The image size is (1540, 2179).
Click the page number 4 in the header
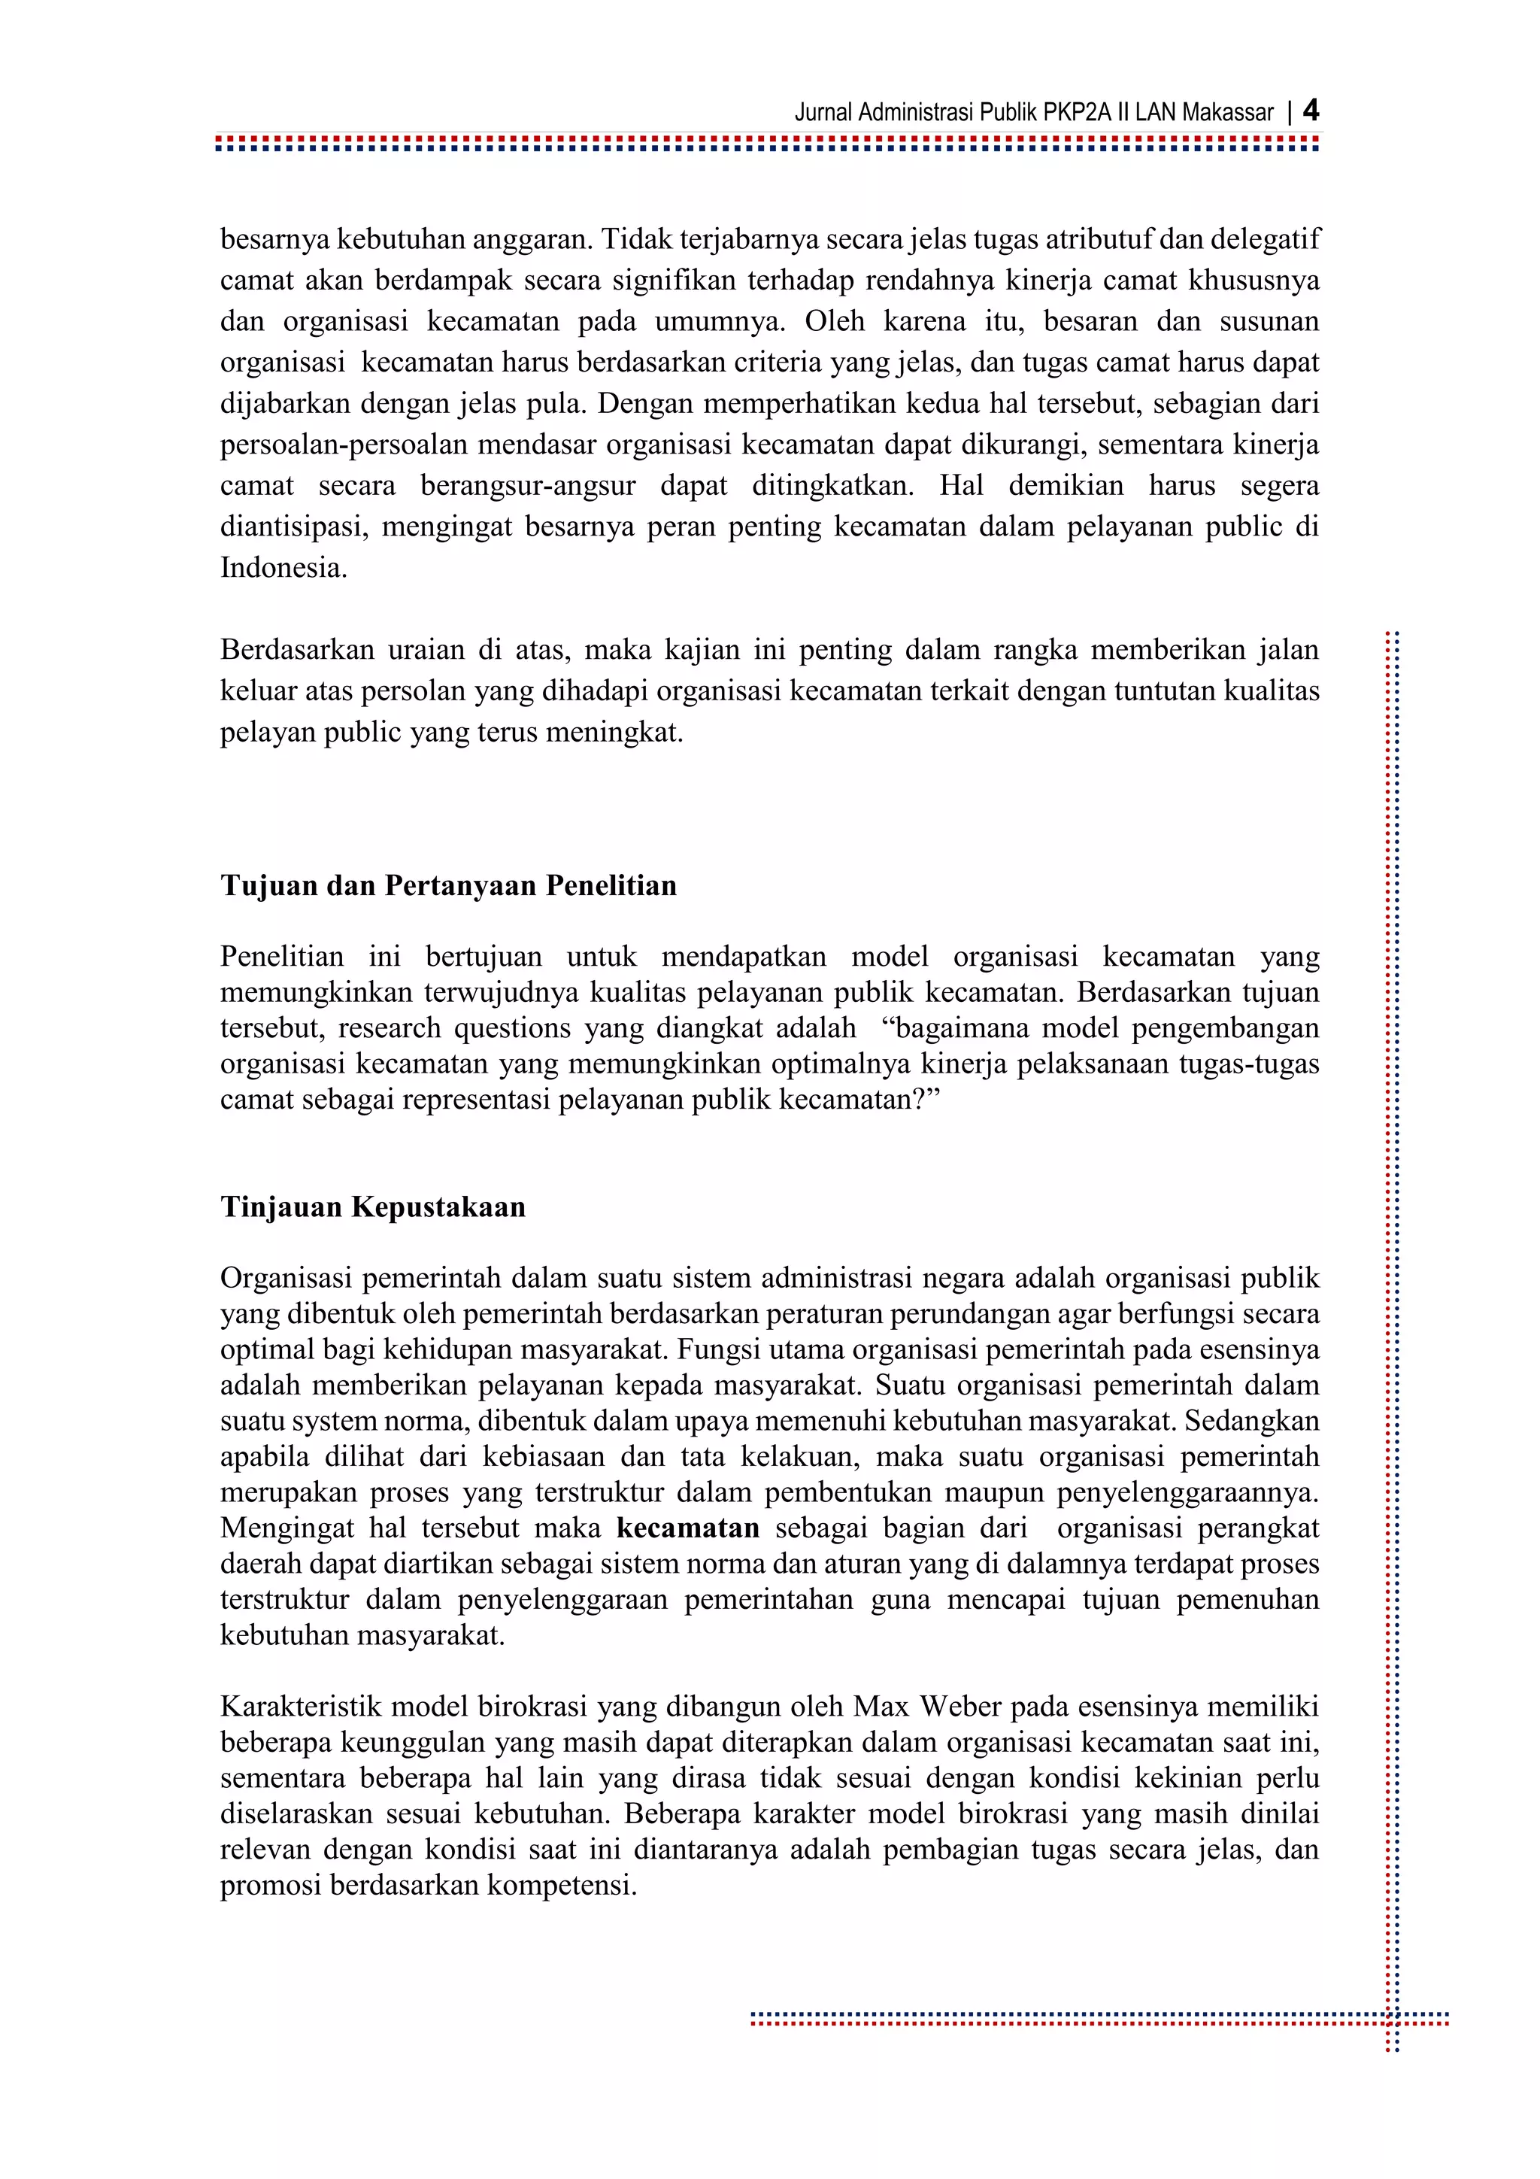pos(1311,111)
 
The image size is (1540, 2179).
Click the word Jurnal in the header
pos(823,113)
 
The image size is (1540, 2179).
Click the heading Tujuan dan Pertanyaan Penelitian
pos(449,885)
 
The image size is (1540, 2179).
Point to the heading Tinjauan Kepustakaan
pos(373,1207)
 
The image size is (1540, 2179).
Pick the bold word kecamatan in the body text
pos(688,1528)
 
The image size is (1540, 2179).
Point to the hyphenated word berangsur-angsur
pos(529,486)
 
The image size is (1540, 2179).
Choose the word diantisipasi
pos(293,527)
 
